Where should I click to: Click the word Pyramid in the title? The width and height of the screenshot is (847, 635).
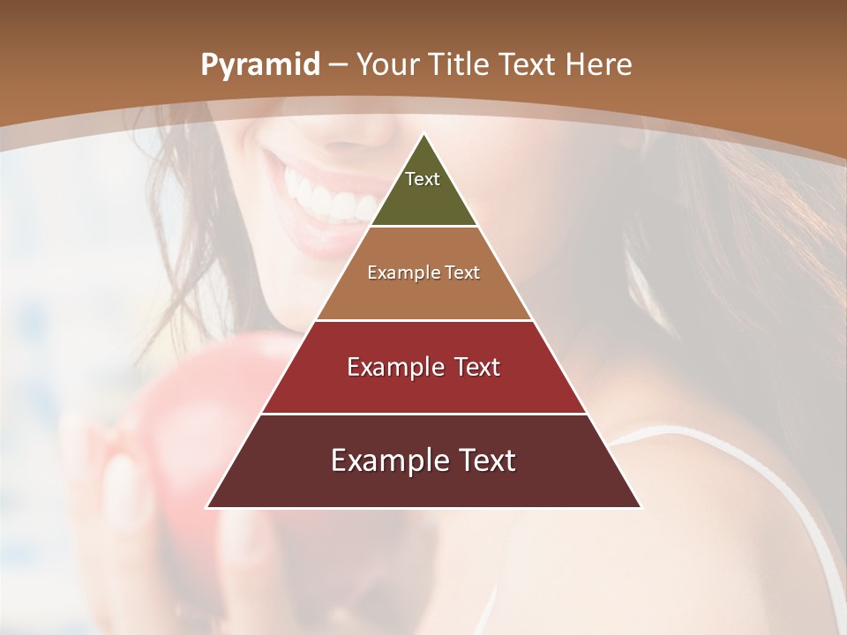pyautogui.click(x=259, y=65)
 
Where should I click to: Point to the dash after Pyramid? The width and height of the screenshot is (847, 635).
pyautogui.click(x=339, y=65)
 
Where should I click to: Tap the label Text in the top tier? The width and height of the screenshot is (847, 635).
pyautogui.click(x=423, y=179)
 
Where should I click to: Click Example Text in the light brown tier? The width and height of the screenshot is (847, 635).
pyautogui.click(x=423, y=273)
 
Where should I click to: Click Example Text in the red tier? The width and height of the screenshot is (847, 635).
pyautogui.click(x=423, y=367)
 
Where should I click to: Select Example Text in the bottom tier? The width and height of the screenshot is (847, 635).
pyautogui.click(x=423, y=460)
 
